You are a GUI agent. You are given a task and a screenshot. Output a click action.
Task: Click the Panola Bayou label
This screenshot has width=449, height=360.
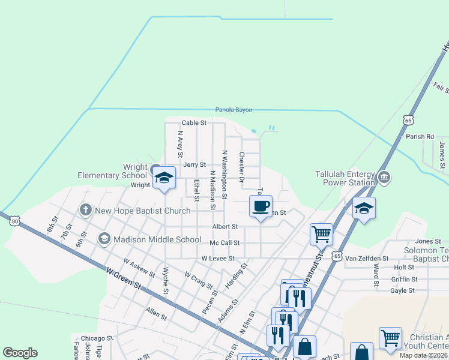[x=234, y=110]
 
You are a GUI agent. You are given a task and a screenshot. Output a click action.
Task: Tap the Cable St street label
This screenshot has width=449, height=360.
[x=194, y=122]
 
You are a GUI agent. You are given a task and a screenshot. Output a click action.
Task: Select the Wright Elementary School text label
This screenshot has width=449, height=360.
[x=112, y=171]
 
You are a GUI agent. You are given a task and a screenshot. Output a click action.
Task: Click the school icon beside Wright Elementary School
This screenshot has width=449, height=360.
[x=164, y=178]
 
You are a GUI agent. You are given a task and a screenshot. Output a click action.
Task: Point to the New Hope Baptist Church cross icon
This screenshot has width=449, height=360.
[x=85, y=210]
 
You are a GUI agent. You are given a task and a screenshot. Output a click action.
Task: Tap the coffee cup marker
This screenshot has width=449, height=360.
[x=261, y=206]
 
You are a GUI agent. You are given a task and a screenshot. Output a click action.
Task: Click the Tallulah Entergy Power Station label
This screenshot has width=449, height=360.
[x=345, y=178]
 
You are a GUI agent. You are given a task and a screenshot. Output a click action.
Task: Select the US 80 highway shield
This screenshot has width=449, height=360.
[x=15, y=221]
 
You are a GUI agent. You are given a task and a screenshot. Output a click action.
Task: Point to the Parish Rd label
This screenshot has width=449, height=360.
[x=420, y=137]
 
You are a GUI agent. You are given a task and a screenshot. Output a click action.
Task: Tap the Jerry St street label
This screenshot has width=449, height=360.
[x=194, y=164]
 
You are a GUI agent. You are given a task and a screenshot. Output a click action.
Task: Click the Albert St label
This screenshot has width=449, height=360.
[x=225, y=227]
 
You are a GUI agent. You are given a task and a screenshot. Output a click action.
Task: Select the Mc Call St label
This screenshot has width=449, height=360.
[x=224, y=243]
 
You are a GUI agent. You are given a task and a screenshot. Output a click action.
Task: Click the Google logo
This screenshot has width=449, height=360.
[x=20, y=353]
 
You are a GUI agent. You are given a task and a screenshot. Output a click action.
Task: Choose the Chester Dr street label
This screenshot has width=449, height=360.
[x=242, y=167]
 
